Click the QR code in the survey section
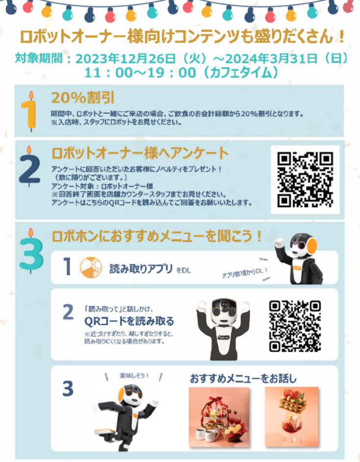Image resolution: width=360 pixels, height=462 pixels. (x=305, y=179)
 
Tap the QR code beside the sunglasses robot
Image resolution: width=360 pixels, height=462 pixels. (x=295, y=326)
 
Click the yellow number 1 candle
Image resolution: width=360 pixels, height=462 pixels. (x=29, y=111)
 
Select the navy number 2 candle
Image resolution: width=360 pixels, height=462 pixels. (x=29, y=167)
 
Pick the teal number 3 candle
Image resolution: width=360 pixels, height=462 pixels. (x=31, y=251)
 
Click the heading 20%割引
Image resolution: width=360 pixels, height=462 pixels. (x=83, y=97)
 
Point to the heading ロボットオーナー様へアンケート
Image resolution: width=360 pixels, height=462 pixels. (x=140, y=153)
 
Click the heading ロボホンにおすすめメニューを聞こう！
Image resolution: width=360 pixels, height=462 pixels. (x=157, y=236)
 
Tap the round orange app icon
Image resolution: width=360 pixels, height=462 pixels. (x=91, y=267)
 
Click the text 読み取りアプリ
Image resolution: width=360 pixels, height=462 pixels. (x=141, y=268)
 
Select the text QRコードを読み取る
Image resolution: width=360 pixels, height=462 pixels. (x=129, y=321)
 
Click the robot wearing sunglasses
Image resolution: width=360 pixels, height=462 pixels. (x=223, y=329)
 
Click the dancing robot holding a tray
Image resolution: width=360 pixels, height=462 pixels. (x=125, y=417)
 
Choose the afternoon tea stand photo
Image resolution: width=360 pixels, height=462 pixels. (x=219, y=417)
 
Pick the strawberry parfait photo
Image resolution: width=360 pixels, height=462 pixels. (x=291, y=417)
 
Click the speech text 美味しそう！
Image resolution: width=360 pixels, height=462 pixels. (x=134, y=376)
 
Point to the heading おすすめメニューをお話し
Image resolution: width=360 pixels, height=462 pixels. (x=243, y=378)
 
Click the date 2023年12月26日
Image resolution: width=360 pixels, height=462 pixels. (x=126, y=59)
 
